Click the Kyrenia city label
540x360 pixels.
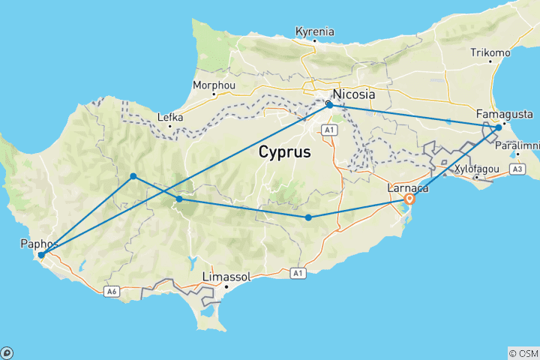coord(314,31)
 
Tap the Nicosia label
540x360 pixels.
coord(354,96)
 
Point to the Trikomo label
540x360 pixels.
coord(490,52)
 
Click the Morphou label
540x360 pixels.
coord(214,85)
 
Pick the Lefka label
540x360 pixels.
coord(169,117)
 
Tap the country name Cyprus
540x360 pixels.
coord(285,151)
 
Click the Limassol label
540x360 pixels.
coord(226,277)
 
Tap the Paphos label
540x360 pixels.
coord(40,244)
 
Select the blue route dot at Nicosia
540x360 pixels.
coord(329,105)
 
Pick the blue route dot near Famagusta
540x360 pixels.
coord(499,127)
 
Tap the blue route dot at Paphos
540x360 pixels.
coord(41,255)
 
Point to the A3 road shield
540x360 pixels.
coord(517,170)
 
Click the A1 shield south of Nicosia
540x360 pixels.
coord(328,130)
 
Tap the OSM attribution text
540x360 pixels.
coord(523,353)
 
